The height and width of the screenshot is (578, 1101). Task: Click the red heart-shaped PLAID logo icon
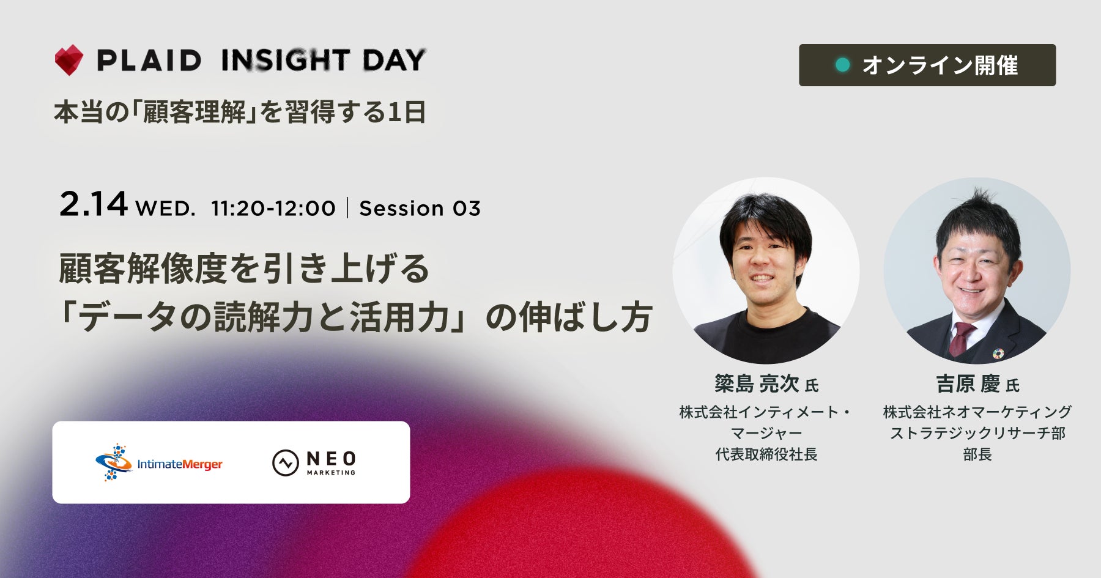(x=69, y=60)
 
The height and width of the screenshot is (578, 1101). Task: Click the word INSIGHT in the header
(x=286, y=60)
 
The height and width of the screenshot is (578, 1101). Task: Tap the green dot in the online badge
(x=843, y=65)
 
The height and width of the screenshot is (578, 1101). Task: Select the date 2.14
(x=94, y=204)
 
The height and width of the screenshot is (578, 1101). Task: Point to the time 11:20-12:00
(x=273, y=209)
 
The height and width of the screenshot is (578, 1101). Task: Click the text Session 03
(x=420, y=209)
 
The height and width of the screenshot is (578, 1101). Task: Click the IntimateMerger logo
(x=158, y=463)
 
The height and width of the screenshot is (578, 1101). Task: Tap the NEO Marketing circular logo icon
(x=285, y=463)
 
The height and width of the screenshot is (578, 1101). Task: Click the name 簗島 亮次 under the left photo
(x=757, y=383)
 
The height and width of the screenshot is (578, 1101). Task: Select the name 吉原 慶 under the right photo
(x=968, y=384)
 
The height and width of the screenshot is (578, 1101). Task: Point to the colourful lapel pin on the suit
(x=998, y=354)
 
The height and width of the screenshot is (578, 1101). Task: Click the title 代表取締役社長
(x=766, y=454)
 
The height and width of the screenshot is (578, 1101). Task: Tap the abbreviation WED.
(x=166, y=209)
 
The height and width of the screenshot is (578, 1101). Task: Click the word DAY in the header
(x=394, y=60)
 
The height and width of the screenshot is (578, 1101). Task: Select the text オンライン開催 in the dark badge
(x=940, y=65)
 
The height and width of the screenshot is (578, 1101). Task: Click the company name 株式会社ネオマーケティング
(x=977, y=412)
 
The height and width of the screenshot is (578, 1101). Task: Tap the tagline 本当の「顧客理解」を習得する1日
(x=240, y=112)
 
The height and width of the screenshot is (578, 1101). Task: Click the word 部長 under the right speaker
(x=977, y=454)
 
